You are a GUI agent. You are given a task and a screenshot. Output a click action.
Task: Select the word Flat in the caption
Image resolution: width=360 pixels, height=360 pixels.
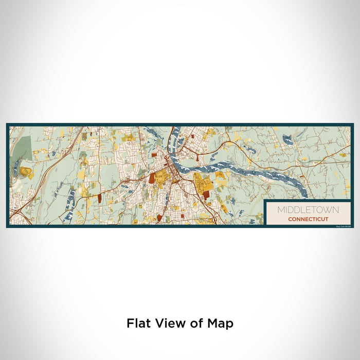point(138,323)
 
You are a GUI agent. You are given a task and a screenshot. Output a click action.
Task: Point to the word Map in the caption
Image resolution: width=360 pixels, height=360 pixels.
point(221,323)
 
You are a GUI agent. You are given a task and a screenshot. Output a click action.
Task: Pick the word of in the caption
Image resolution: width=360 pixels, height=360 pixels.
point(194,323)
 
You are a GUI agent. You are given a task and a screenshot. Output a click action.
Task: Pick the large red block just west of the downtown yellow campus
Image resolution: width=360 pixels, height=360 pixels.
point(152,177)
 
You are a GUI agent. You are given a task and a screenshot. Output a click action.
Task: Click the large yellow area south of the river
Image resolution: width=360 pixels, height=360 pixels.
point(200,183)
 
